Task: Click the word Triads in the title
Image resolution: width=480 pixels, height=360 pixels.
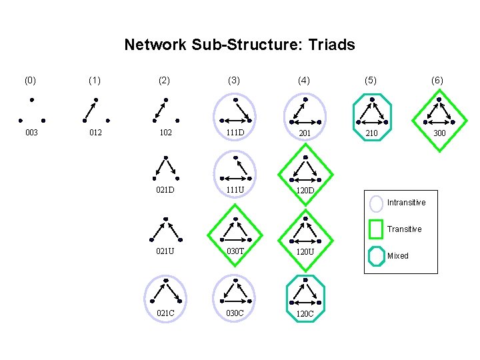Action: tap(330, 45)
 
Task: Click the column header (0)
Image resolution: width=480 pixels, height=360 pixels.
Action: tap(31, 80)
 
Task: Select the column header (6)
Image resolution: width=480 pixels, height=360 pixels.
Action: tap(437, 80)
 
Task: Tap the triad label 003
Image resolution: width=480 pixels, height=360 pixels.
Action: tap(31, 133)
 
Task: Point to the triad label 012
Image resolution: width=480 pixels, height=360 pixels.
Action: tap(95, 133)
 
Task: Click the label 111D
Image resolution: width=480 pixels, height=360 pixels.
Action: tap(234, 133)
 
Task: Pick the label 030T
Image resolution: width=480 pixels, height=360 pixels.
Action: tap(234, 251)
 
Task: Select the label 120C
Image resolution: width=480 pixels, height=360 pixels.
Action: tap(305, 313)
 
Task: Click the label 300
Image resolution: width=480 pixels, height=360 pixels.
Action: tap(439, 133)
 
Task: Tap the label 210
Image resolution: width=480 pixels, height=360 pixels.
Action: tap(371, 133)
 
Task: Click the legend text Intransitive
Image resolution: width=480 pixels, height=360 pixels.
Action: tap(406, 203)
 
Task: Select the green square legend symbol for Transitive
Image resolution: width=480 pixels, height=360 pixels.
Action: tap(376, 229)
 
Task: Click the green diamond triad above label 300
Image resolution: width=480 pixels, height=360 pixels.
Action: tap(439, 111)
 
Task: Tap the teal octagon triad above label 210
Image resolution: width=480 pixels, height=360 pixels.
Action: tap(371, 111)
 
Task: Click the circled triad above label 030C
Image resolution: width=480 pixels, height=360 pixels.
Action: tap(235, 291)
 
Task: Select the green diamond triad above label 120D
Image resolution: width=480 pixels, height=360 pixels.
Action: tap(305, 170)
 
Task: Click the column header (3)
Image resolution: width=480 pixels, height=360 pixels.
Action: tap(234, 80)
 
